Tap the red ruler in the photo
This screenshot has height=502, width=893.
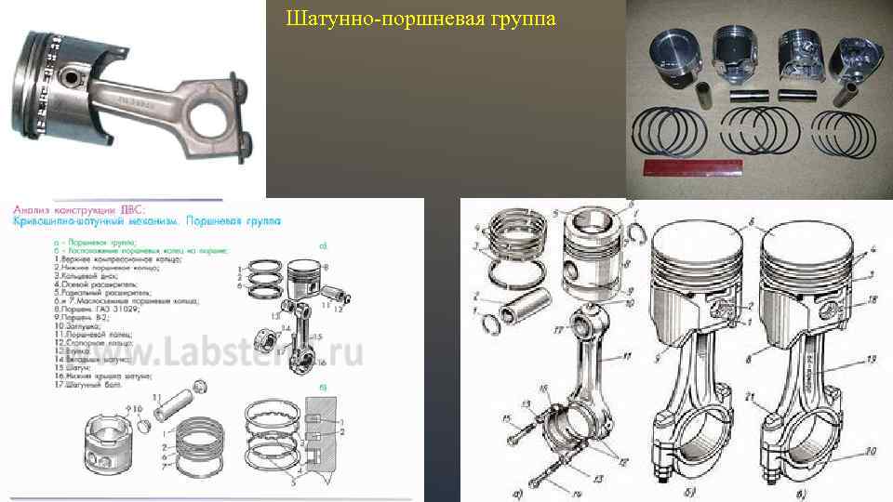(688, 168)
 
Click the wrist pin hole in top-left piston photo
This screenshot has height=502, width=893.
(71, 72)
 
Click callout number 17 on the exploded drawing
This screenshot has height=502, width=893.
(560, 328)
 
